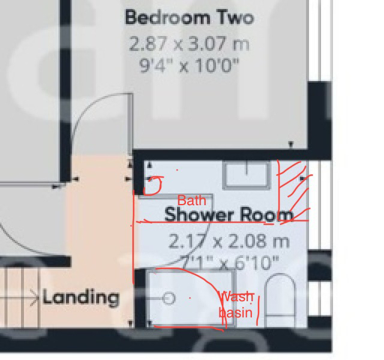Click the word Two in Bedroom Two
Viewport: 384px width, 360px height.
235,17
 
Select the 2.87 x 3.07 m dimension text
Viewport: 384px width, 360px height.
189,44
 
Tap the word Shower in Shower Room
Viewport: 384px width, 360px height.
199,214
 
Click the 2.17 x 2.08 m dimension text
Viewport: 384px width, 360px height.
229,242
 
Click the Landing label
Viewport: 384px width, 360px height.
80,297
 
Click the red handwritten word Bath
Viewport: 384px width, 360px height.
191,200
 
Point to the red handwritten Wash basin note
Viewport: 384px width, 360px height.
237,305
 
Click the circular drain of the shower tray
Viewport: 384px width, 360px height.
169,298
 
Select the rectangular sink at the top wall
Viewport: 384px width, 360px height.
247,175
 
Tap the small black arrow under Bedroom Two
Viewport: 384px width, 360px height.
291,144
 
